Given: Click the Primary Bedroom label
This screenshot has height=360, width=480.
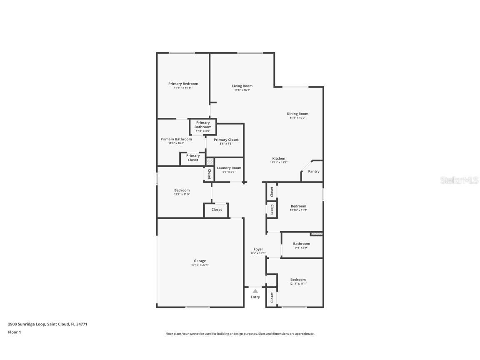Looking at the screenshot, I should click(183, 84).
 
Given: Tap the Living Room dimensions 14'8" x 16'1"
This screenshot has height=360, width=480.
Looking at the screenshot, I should click(242, 90).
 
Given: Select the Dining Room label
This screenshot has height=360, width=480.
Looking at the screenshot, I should click(297, 114).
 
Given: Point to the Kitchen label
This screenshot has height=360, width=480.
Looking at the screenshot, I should click(279, 158).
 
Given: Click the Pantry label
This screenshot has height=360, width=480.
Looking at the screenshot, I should click(314, 171).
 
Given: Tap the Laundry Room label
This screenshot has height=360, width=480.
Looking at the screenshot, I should click(229, 168).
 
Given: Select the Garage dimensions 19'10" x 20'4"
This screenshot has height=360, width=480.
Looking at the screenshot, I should click(200, 265).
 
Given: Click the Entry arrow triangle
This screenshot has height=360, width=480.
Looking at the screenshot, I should click(255, 291).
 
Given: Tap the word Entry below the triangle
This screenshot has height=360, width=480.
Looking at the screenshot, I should click(255, 297).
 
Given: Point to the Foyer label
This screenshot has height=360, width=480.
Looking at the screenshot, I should click(258, 249).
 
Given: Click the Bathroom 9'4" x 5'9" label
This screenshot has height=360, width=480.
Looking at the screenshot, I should click(301, 244).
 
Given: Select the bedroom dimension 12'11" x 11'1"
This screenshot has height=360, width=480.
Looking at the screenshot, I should click(298, 284).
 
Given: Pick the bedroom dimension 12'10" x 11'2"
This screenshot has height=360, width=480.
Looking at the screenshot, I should click(298, 210).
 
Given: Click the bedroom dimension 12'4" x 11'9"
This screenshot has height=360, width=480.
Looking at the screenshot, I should click(182, 195).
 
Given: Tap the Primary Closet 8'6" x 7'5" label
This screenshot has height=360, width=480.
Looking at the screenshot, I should click(226, 140).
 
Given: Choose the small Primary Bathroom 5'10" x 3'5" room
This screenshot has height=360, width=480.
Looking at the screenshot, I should click(203, 127).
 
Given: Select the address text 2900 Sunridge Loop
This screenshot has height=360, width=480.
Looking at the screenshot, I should click(27, 324).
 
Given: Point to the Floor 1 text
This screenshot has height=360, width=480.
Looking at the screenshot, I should click(14, 332).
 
